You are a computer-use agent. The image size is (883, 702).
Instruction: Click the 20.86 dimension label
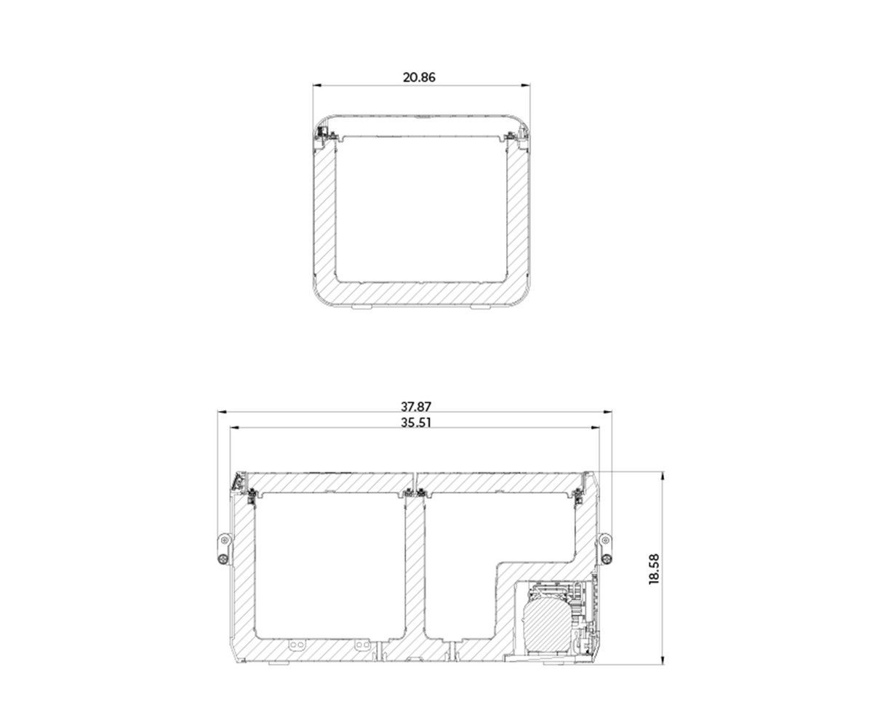pyautogui.click(x=419, y=77)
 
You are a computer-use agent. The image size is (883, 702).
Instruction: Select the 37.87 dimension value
pyautogui.click(x=415, y=407)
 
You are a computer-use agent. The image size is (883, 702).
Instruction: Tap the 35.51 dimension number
pyautogui.click(x=415, y=423)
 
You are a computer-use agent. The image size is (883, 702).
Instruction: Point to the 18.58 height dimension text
pyautogui.click(x=654, y=568)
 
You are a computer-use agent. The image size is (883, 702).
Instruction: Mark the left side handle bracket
pyautogui.click(x=223, y=549)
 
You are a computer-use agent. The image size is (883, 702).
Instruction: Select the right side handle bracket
pyautogui.click(x=605, y=549)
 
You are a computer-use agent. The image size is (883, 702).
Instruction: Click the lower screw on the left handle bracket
pyautogui.click(x=223, y=559)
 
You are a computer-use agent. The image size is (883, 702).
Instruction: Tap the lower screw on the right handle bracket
pyautogui.click(x=606, y=559)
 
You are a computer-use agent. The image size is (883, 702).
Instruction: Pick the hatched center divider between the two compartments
pyautogui.click(x=415, y=567)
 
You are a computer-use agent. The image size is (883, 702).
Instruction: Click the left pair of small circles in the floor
pyautogui.click(x=296, y=645)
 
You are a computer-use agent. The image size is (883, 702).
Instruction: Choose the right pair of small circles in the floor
pyautogui.click(x=361, y=645)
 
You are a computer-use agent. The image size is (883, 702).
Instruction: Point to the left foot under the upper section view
pyautogui.click(x=361, y=307)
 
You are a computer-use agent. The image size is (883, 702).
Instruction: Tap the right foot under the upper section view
pyautogui.click(x=479, y=307)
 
